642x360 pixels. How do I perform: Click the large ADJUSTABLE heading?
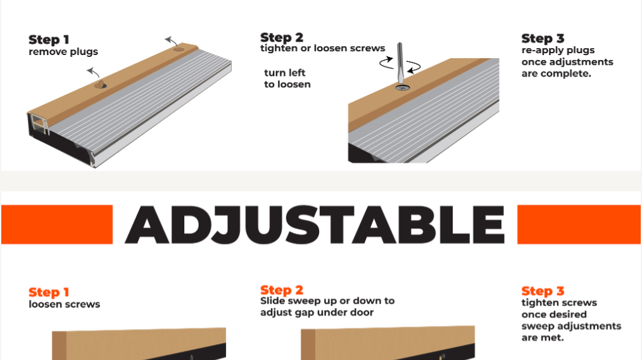(315, 225)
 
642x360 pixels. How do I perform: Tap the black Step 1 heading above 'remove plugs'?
(49, 40)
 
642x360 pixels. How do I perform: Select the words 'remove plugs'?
(63, 52)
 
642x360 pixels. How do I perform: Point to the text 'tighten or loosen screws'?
(322, 49)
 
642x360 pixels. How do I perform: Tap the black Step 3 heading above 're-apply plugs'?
(543, 39)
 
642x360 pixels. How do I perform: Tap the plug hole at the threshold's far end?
(179, 48)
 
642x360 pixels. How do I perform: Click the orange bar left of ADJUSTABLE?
(56, 225)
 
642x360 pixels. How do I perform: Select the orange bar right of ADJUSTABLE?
(579, 225)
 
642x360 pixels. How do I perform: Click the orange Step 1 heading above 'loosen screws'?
(49, 292)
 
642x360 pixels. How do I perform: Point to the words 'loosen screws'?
(64, 304)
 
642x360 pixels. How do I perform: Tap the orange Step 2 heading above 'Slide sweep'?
(282, 290)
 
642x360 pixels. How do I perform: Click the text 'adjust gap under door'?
(317, 313)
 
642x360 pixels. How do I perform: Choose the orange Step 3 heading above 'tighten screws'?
(543, 291)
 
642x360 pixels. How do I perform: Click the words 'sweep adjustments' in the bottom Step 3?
(571, 326)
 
